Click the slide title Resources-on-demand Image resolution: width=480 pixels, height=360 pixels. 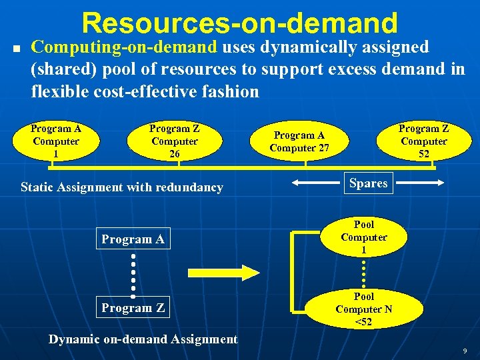239,23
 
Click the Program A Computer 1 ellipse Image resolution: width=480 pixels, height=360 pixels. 56,141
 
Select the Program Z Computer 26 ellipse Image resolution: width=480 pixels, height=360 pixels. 175,141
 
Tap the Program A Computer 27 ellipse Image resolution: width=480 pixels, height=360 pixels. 299,141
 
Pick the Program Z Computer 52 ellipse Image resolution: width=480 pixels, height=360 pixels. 424,141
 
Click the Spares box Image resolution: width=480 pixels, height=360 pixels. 368,183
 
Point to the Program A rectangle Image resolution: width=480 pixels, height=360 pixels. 133,239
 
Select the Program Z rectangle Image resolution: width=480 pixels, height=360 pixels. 133,307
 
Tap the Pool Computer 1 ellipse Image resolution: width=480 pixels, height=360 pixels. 364,237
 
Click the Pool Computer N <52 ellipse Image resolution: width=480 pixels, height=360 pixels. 364,309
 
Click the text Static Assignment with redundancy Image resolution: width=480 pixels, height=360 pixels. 122,187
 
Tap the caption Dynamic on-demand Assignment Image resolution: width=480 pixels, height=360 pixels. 143,339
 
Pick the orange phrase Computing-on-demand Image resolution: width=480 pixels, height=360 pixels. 125,47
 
